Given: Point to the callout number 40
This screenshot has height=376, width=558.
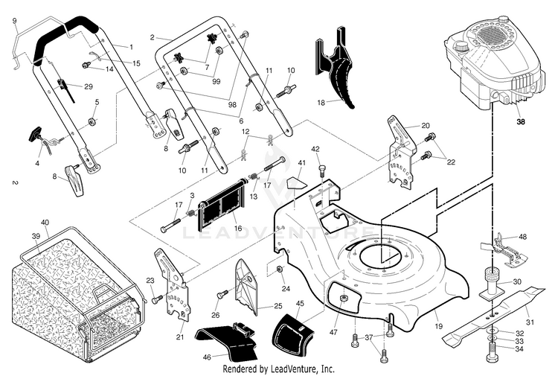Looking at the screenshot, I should pyautogui.click(x=45, y=222).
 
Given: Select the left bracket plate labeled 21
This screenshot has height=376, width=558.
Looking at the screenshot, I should pyautogui.click(x=173, y=283).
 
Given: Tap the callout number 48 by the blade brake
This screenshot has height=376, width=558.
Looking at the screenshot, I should pyautogui.click(x=522, y=237).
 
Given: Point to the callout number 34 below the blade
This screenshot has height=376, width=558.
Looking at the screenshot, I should pyautogui.click(x=519, y=348).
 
